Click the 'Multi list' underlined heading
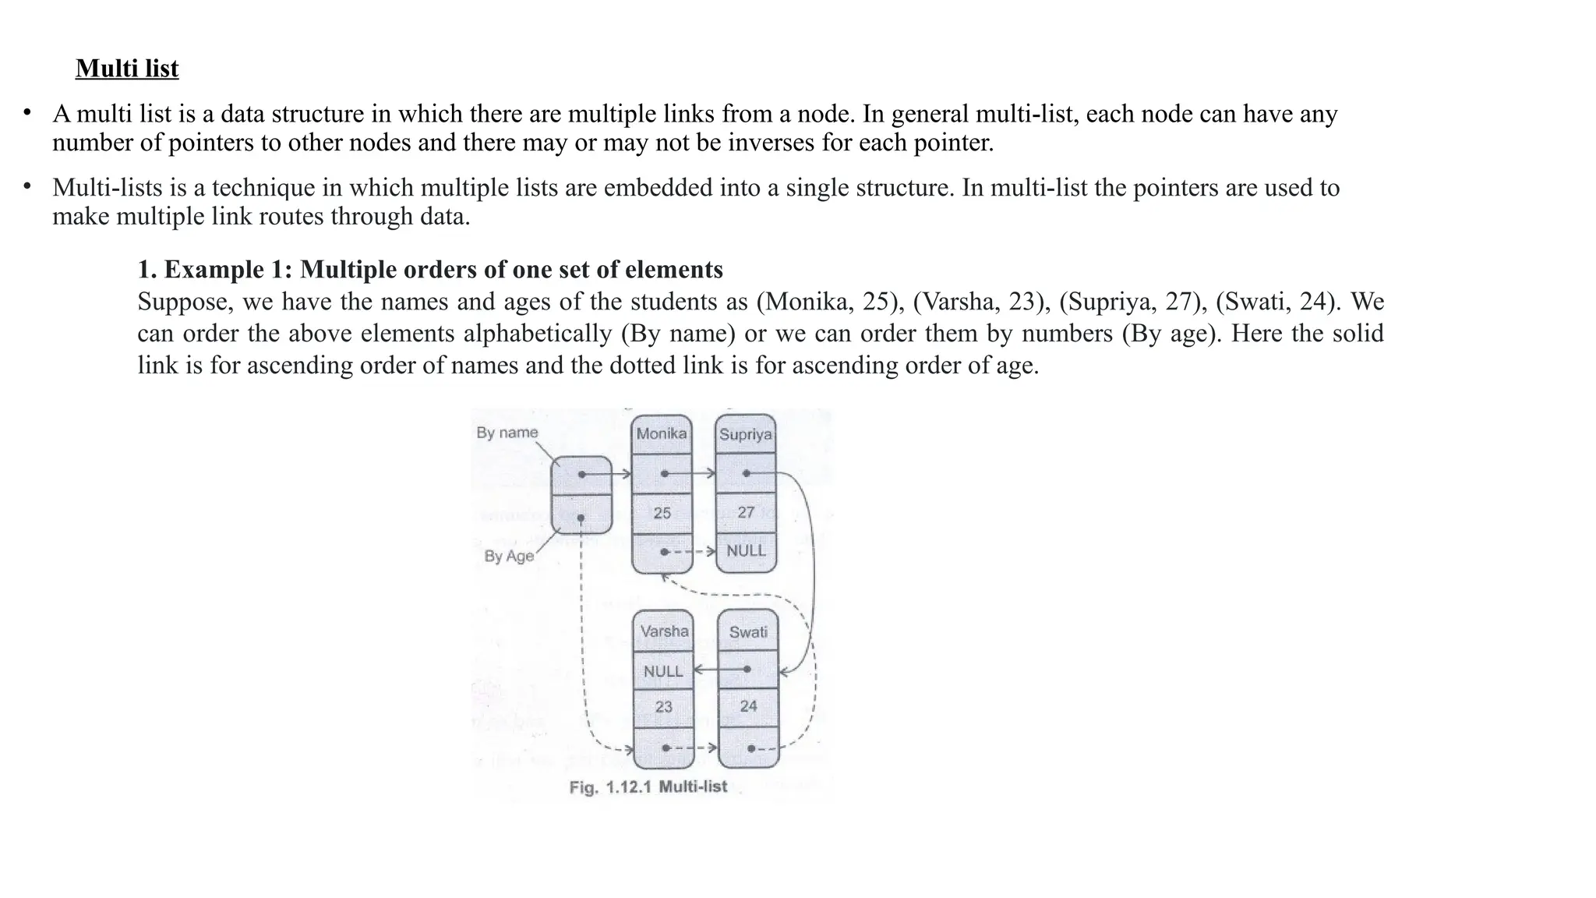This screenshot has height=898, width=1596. (x=127, y=69)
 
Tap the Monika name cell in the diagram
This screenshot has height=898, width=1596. (x=662, y=434)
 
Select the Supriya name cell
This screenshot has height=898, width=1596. (x=745, y=435)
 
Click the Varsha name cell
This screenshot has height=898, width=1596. (x=664, y=631)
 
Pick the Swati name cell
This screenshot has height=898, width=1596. (x=748, y=632)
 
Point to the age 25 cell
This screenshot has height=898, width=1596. (x=662, y=513)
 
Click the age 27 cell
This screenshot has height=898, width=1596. (x=746, y=512)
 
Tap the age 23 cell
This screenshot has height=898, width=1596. (x=663, y=707)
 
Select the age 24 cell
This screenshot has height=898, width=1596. (x=748, y=706)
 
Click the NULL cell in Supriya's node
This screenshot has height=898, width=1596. (x=746, y=551)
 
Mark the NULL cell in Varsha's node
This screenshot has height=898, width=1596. (x=662, y=670)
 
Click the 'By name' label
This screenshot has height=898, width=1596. (x=507, y=433)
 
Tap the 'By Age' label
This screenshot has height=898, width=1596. (x=509, y=556)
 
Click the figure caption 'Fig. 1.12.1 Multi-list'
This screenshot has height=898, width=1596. (x=648, y=787)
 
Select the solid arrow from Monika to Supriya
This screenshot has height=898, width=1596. (x=690, y=473)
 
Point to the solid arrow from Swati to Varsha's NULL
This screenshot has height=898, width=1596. (x=719, y=670)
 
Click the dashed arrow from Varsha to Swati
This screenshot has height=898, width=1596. (x=694, y=748)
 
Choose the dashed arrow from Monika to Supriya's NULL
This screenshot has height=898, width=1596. (x=690, y=552)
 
